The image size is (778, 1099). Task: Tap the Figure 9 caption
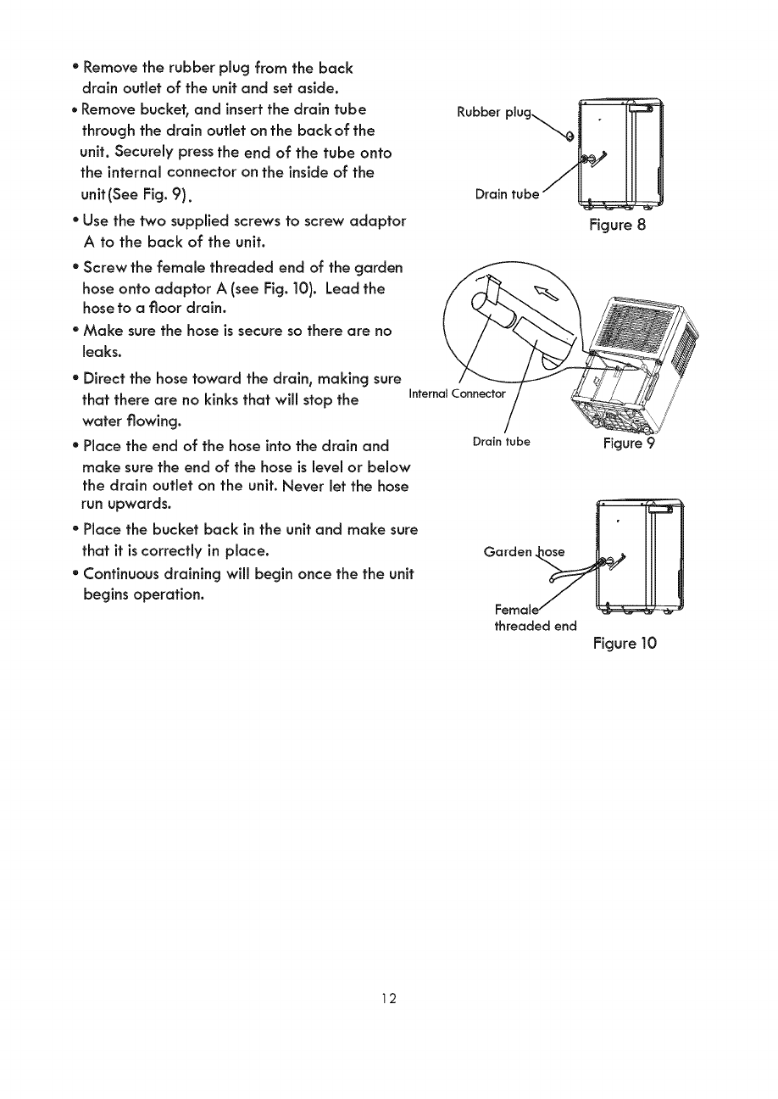tap(630, 444)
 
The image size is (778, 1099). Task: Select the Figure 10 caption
tap(625, 643)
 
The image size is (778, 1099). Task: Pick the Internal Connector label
tap(457, 393)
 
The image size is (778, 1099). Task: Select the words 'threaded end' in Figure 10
tap(535, 626)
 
